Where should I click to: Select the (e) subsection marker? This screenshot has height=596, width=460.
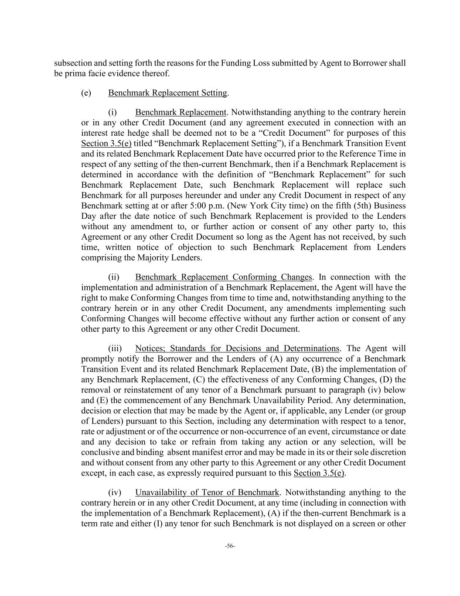click(86, 93)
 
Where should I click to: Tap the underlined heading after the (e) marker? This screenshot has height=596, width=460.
click(167, 93)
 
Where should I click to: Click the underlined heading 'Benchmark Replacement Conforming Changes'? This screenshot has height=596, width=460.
click(223, 277)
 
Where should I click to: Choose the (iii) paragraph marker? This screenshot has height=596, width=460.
click(115, 348)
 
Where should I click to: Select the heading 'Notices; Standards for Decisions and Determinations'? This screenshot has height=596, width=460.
click(237, 348)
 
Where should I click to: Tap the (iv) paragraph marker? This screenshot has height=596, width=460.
click(115, 493)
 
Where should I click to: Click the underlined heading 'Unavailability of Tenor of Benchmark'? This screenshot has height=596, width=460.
click(207, 493)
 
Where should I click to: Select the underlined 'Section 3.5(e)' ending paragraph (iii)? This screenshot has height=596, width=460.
click(319, 473)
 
